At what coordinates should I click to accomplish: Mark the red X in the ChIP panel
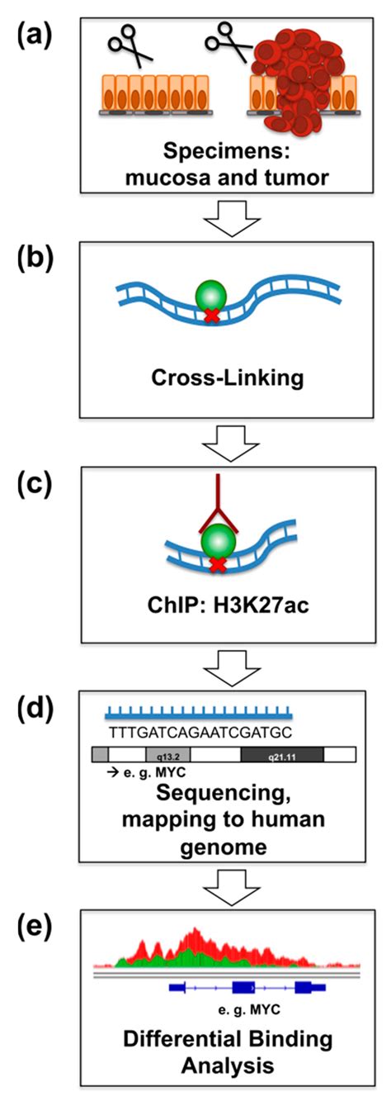tap(218, 588)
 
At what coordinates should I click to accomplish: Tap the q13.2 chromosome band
tap(161, 754)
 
